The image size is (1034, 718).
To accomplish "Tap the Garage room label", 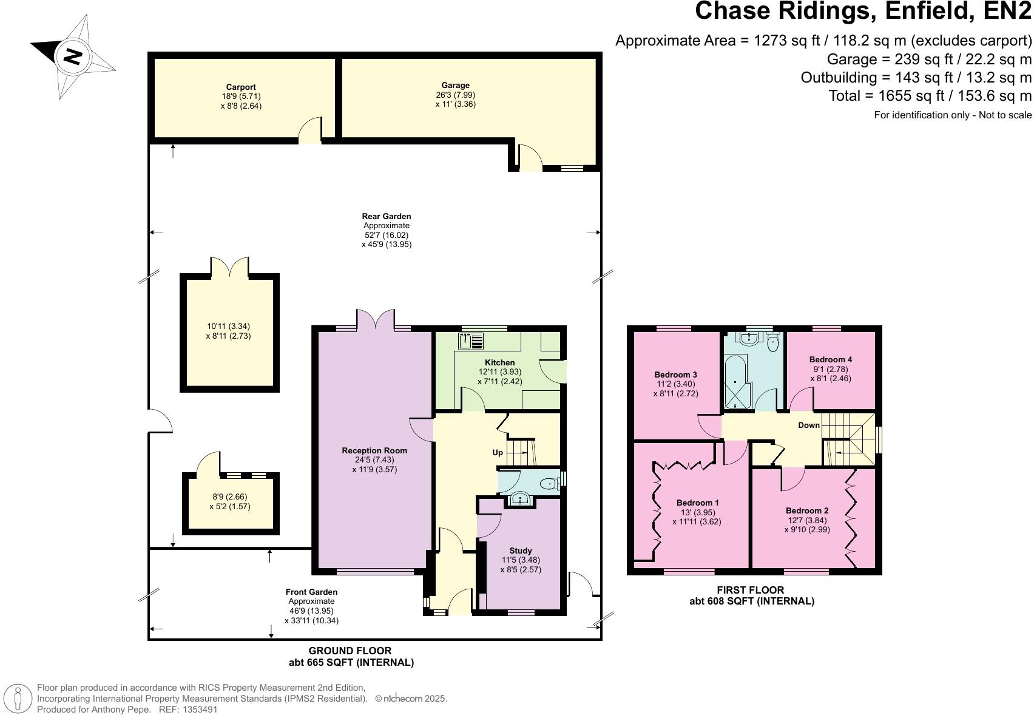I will click(x=455, y=86).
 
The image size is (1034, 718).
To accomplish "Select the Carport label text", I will click(x=241, y=87).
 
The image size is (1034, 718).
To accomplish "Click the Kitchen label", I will click(x=499, y=362).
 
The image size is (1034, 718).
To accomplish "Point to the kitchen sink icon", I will click(x=470, y=341).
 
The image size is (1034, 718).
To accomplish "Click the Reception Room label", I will click(x=374, y=450).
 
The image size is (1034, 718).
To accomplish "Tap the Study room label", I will click(x=520, y=550).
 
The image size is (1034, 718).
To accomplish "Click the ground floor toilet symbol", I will click(x=549, y=484).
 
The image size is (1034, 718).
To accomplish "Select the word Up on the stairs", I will click(x=498, y=453).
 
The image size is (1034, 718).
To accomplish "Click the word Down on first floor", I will click(x=808, y=425).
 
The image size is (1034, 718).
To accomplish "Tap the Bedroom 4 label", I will click(x=831, y=359).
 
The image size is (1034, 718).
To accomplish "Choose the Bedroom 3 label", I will click(x=675, y=374).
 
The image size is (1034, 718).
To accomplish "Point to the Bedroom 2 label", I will click(x=806, y=510).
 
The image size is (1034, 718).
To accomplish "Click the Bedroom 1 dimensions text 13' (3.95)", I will click(x=697, y=512).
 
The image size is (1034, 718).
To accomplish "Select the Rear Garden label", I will click(x=387, y=216).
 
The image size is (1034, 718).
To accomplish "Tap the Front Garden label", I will click(x=311, y=592).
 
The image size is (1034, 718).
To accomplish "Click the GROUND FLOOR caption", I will click(x=350, y=651).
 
